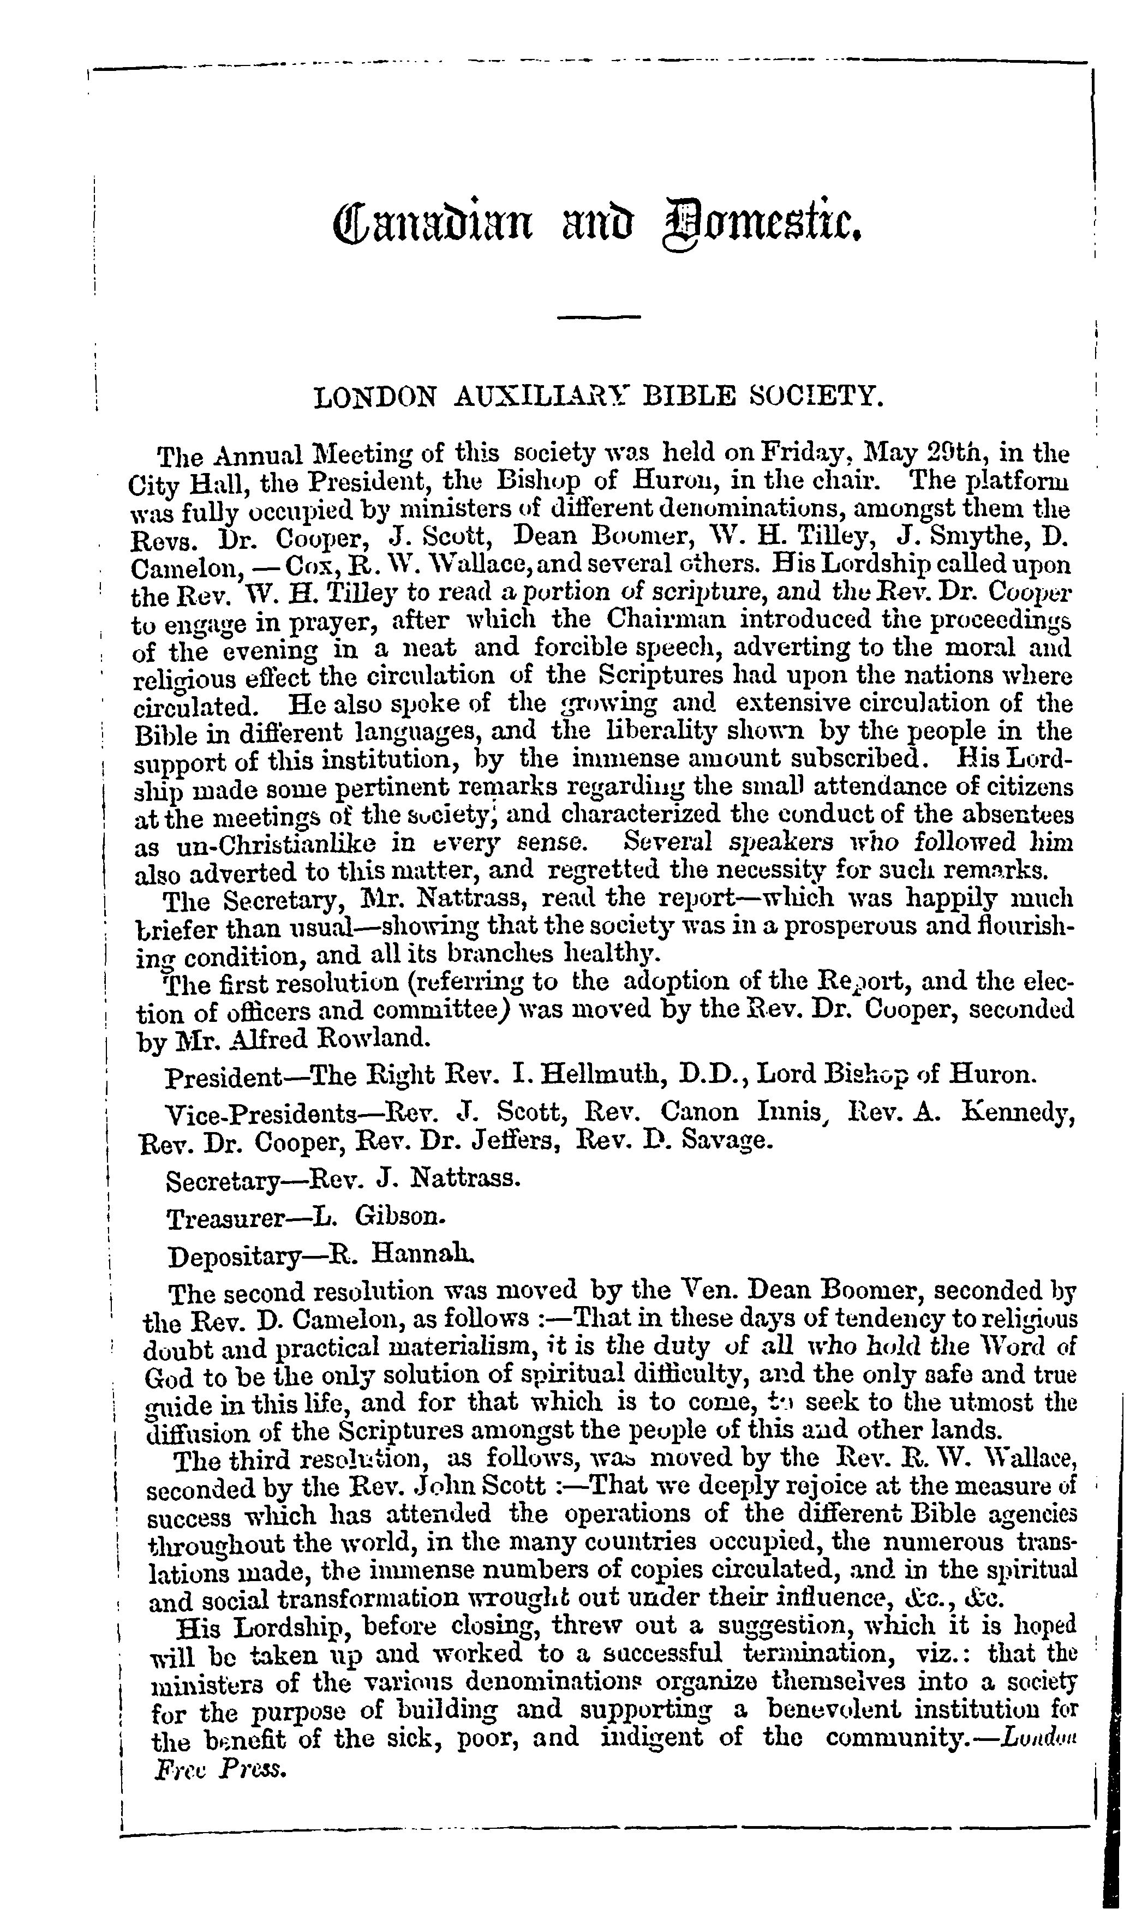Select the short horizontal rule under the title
599,317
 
